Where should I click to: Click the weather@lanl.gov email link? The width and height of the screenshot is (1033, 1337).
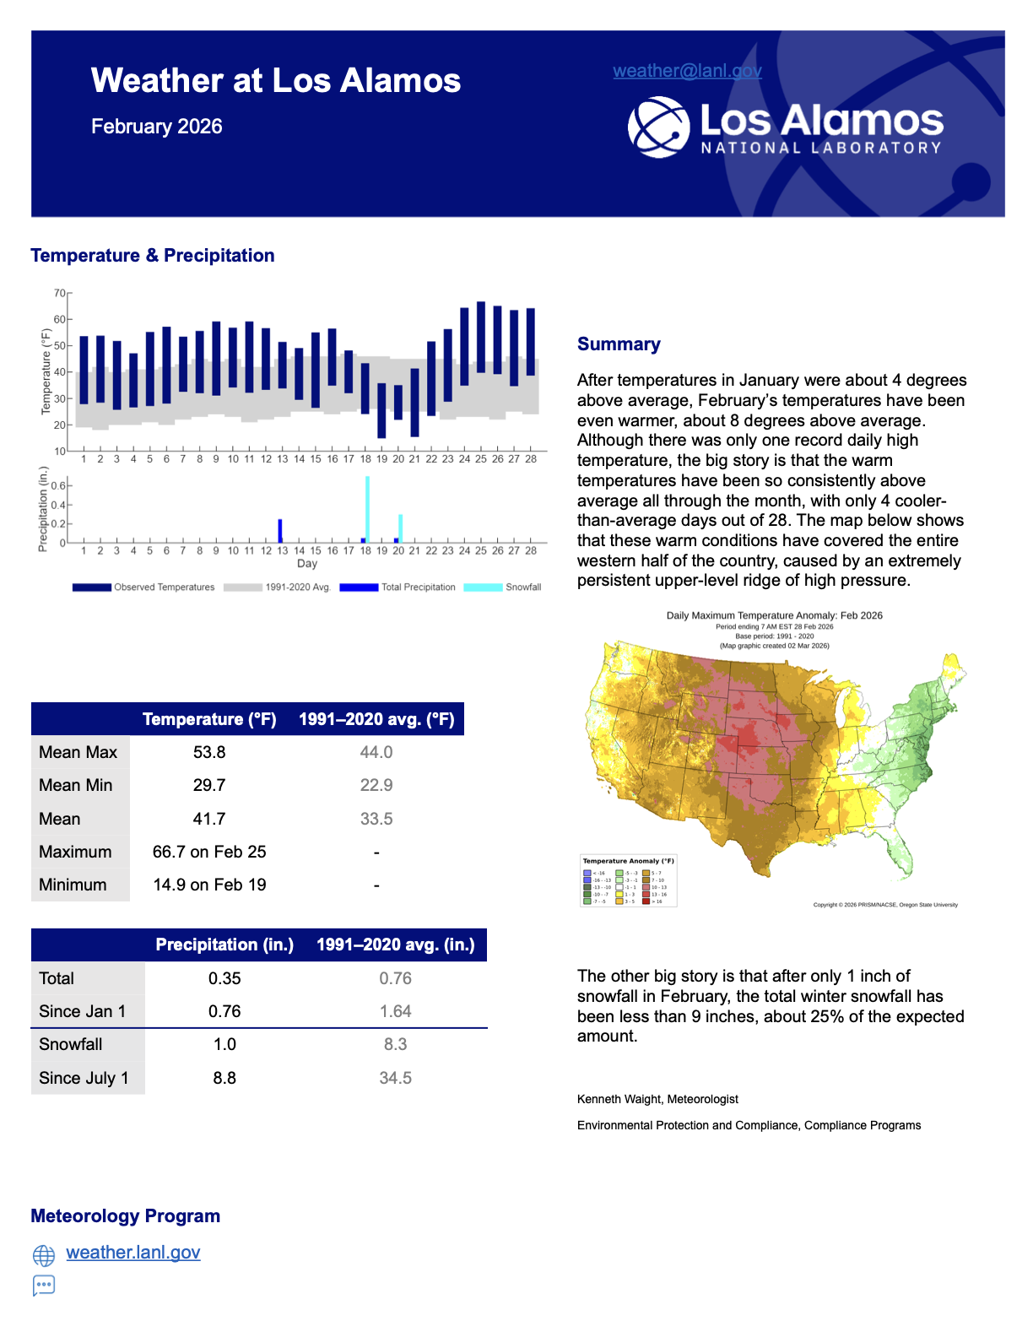pyautogui.click(x=687, y=71)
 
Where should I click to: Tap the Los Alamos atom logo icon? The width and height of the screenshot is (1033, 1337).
pyautogui.click(x=658, y=127)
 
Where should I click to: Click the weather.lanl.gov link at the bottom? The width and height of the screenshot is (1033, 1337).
pyautogui.click(x=133, y=1253)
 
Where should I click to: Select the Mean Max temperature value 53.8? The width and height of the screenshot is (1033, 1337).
pyautogui.click(x=209, y=752)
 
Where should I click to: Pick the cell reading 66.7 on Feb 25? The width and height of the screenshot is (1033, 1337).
pyautogui.click(x=209, y=852)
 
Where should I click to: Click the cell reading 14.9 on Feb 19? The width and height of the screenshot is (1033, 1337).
pyautogui.click(x=209, y=885)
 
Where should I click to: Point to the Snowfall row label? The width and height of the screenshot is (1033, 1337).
pyautogui.click(x=71, y=1044)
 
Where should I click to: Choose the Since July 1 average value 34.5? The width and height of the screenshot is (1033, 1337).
pyautogui.click(x=395, y=1078)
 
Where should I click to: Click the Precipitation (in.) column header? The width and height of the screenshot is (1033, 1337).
pyautogui.click(x=224, y=945)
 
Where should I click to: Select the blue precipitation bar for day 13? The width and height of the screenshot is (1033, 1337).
pyautogui.click(x=280, y=531)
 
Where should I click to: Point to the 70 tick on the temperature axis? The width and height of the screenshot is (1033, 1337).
pyautogui.click(x=60, y=294)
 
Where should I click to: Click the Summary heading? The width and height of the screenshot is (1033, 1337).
pyautogui.click(x=619, y=344)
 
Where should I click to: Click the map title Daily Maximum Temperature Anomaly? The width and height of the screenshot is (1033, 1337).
pyautogui.click(x=774, y=615)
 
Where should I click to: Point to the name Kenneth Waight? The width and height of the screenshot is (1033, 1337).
pyautogui.click(x=619, y=1099)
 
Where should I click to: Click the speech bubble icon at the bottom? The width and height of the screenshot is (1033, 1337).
pyautogui.click(x=44, y=1286)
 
